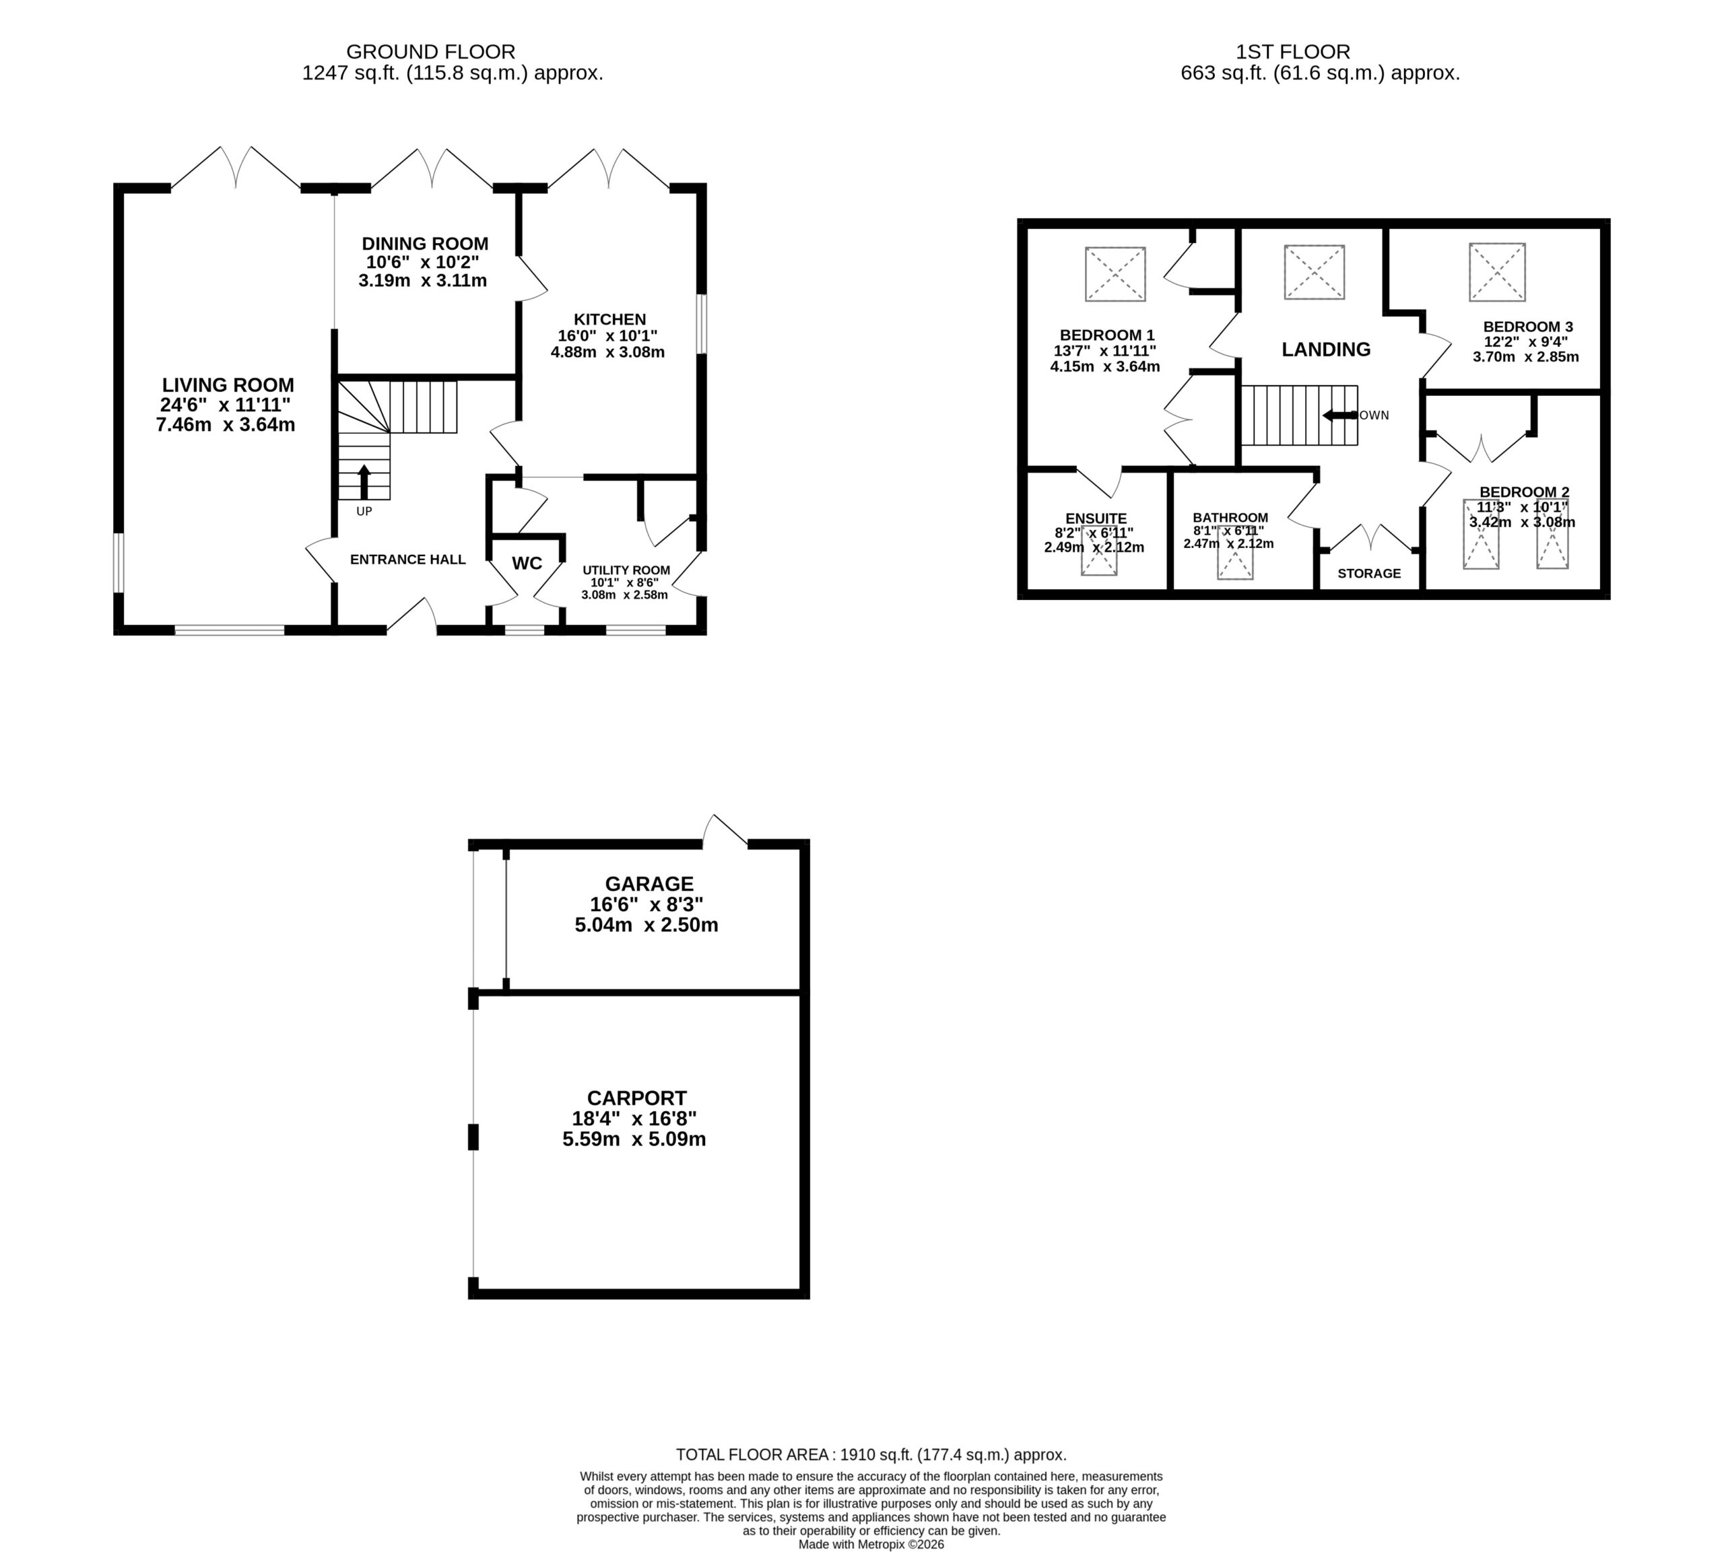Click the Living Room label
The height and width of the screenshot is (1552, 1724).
point(228,385)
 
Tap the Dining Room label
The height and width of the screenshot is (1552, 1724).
point(425,244)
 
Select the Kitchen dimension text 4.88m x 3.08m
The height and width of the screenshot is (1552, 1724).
point(607,351)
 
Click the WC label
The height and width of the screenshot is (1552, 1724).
point(527,563)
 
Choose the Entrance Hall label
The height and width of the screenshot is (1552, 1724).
point(407,560)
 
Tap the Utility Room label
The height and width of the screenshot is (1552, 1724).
point(626,570)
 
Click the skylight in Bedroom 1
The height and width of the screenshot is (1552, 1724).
point(1115,274)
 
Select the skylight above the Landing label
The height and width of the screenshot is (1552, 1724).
point(1314,272)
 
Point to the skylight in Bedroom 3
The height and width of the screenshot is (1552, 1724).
point(1497,272)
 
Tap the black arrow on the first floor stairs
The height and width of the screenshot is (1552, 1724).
point(1339,415)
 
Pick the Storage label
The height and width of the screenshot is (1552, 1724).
point(1369,573)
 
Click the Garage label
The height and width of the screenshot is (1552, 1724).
point(649,883)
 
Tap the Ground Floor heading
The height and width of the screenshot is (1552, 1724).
point(431,52)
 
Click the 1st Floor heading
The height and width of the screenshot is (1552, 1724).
point(1293,52)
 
